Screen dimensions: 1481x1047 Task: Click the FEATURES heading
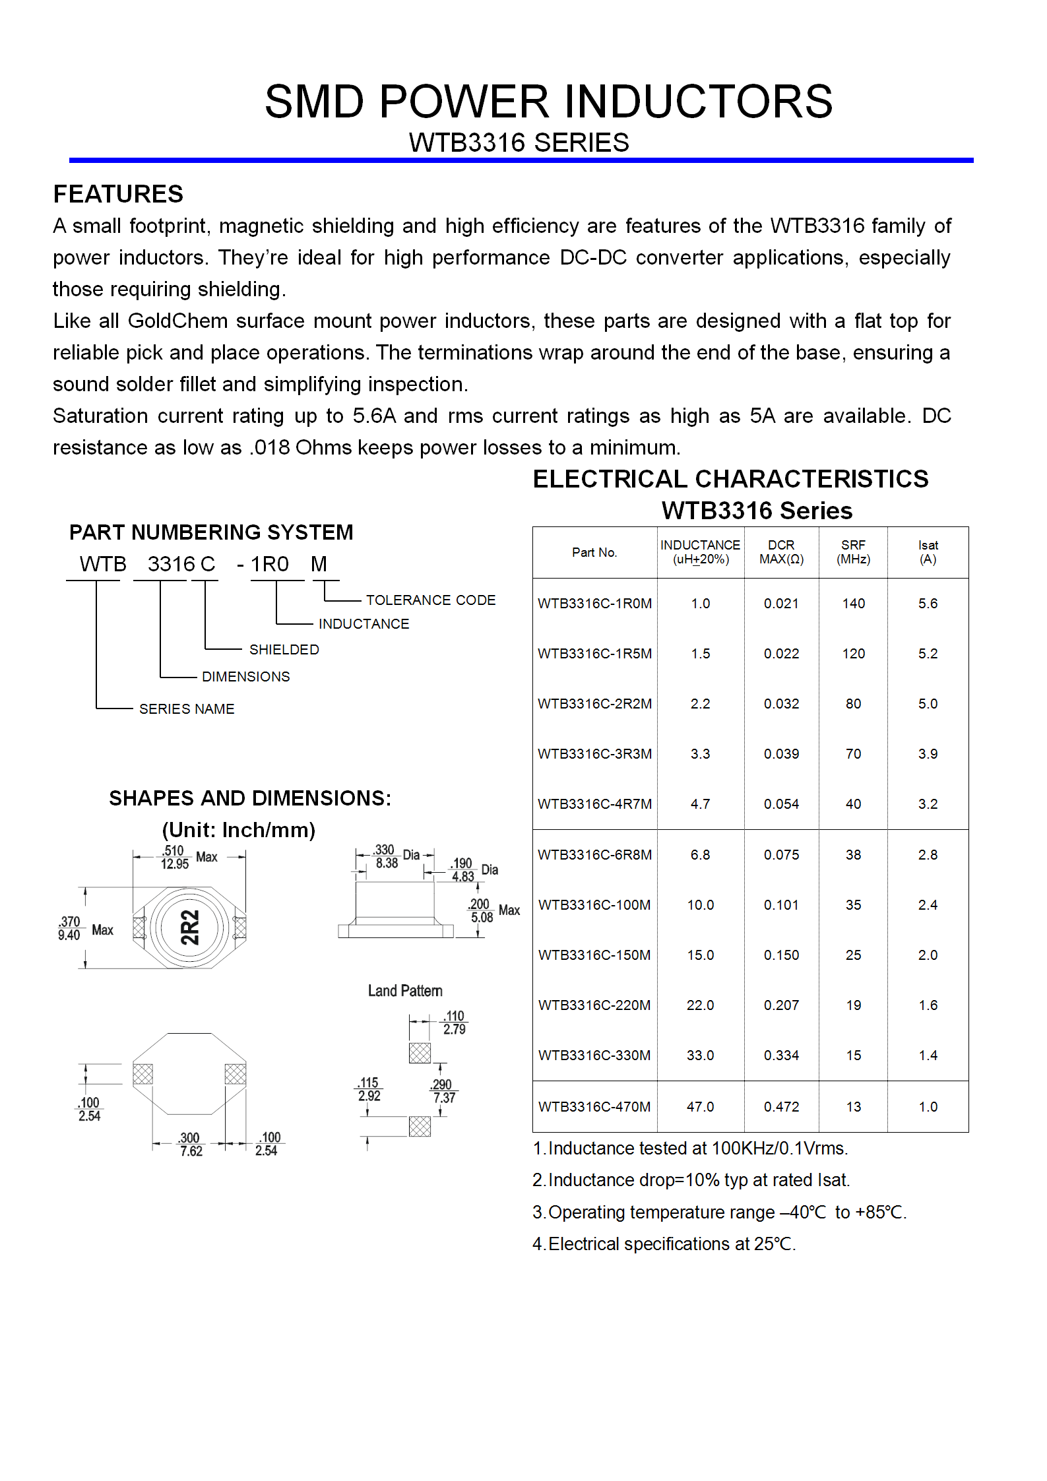[x=118, y=195]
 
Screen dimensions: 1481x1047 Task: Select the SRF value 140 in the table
[x=853, y=604]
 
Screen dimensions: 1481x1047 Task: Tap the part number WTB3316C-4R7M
[x=594, y=804]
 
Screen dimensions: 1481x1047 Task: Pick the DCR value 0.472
[x=781, y=1107]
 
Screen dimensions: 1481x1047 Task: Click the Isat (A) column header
[x=928, y=552]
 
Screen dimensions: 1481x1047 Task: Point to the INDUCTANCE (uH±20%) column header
[x=700, y=552]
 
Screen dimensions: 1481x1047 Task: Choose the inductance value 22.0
[x=700, y=1005]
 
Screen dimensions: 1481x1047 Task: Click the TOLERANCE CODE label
[x=430, y=600]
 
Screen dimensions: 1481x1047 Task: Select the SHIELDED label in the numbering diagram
[x=284, y=650]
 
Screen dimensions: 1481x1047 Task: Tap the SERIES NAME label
[x=186, y=709]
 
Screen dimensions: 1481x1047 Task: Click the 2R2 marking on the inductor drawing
[x=190, y=928]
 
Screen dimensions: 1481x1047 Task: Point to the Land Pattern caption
[x=405, y=991]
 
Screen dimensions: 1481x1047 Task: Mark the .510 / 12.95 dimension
[x=175, y=858]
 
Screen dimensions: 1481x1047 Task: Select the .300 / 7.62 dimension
[x=190, y=1145]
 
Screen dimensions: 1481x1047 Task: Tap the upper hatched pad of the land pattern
[x=420, y=1053]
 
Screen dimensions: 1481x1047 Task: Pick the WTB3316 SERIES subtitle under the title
[x=519, y=143]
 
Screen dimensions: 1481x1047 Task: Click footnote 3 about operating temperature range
[x=719, y=1213]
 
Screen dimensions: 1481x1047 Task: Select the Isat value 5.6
[x=928, y=604]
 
